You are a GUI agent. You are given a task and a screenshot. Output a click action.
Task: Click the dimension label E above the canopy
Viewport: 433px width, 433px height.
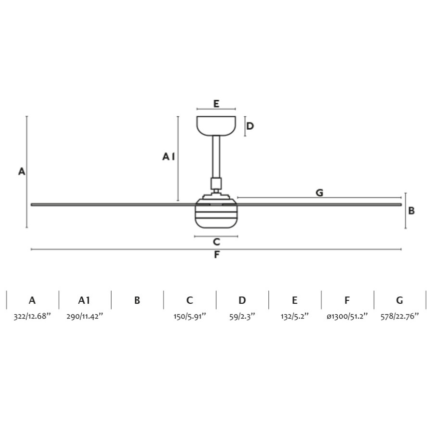216,104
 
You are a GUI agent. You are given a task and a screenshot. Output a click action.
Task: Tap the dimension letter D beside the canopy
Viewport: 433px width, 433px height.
250,126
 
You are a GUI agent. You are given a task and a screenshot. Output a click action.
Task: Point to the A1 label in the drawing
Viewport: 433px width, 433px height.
169,157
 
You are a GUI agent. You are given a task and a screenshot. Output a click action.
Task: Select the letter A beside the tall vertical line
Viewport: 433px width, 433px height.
21,172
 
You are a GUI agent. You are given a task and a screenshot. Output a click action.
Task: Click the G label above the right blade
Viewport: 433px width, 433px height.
320,193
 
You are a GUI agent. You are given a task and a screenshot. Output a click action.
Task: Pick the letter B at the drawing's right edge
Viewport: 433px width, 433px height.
412,211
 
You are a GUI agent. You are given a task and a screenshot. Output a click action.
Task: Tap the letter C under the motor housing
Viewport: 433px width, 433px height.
216,242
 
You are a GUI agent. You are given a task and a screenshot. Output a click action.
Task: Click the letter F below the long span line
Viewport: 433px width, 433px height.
216,255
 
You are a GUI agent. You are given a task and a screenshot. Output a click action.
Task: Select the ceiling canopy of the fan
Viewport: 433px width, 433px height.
216,125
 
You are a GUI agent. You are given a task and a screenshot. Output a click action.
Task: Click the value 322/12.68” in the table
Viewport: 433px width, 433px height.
32,316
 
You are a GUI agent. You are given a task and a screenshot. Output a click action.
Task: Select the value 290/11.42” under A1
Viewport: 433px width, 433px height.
85,316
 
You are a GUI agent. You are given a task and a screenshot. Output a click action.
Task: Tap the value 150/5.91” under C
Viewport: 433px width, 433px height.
190,316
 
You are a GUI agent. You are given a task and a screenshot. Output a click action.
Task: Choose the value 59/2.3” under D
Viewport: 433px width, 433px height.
242,316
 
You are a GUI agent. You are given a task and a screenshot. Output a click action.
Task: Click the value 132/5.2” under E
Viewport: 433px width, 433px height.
294,316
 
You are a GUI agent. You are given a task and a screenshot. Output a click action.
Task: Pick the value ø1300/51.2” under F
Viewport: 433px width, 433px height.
347,316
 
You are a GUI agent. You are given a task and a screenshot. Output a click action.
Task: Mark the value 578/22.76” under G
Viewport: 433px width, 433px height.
400,316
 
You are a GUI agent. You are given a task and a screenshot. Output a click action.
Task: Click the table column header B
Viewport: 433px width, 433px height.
137,300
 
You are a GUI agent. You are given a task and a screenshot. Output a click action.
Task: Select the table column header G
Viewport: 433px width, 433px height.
400,300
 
